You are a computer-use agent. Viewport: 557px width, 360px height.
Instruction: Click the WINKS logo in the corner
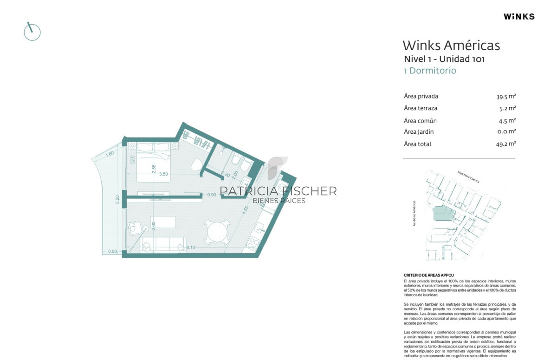tap(519, 16)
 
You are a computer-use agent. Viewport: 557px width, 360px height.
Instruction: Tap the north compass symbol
tap(32, 32)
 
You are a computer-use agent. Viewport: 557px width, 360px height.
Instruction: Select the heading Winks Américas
tap(451, 46)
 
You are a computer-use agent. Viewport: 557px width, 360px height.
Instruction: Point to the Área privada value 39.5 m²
tap(506, 97)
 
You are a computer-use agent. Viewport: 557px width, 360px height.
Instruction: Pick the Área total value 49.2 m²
tap(506, 144)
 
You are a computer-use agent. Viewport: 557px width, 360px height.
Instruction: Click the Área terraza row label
tap(421, 108)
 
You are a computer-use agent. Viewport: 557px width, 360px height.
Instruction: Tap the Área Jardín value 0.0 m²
tap(506, 131)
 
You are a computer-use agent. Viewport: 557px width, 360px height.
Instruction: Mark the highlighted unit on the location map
tap(443, 213)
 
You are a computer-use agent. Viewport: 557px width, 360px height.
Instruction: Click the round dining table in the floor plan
tap(218, 232)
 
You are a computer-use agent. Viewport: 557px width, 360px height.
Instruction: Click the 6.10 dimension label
tap(190, 248)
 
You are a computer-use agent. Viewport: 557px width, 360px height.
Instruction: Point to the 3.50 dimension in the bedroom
tap(163, 174)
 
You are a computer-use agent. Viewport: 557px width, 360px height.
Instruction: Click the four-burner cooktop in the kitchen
tap(253, 243)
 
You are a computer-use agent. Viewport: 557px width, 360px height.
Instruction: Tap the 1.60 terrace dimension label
tap(110, 154)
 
